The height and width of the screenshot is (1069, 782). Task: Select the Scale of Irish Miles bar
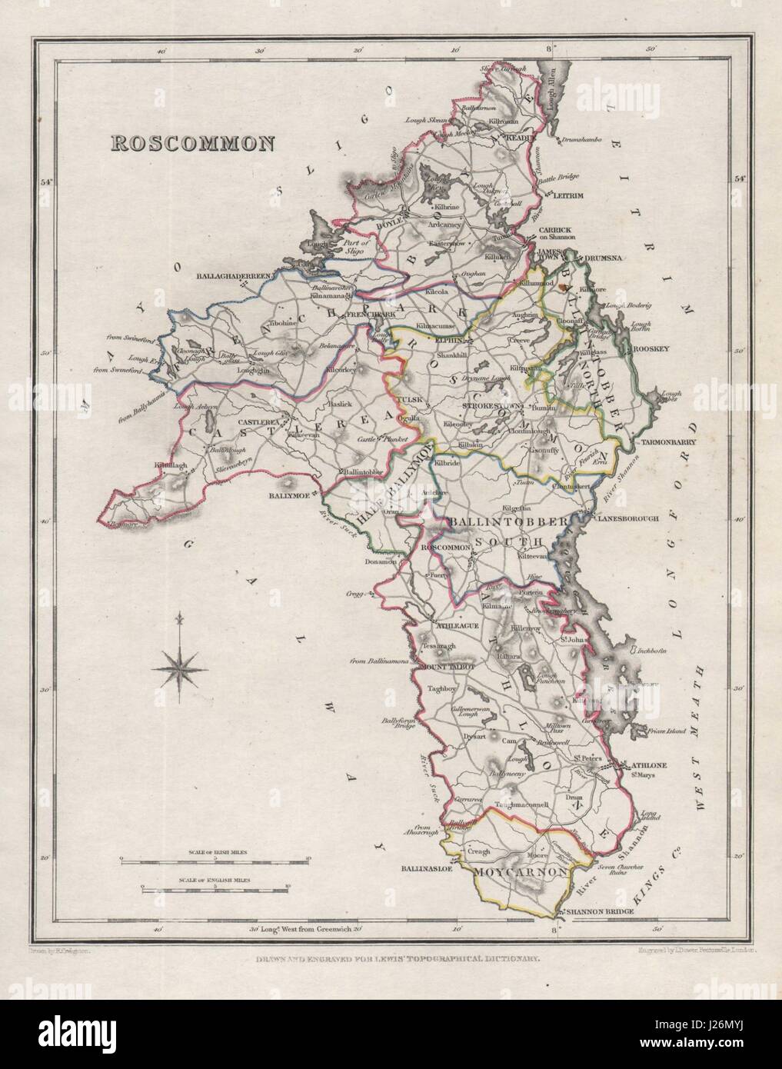click(214, 858)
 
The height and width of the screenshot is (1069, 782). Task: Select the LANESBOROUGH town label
click(629, 518)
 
